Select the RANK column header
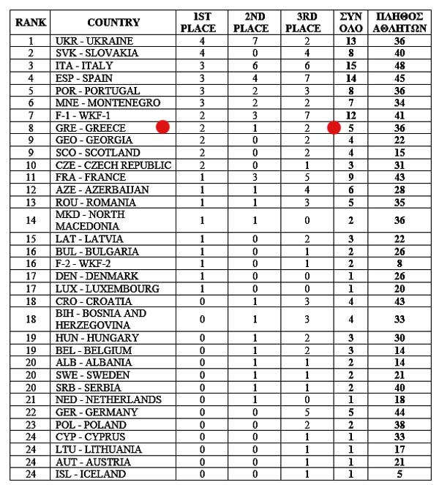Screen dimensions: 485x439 tap(31, 22)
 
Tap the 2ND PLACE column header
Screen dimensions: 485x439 tap(249, 22)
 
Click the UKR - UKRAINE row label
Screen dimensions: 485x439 tap(94, 40)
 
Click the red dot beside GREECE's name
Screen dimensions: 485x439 tap(163, 127)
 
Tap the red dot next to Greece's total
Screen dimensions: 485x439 tap(334, 128)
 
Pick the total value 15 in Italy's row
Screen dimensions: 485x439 tap(352, 65)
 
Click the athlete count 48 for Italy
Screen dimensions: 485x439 tap(399, 65)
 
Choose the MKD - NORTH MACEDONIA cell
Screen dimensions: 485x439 tap(90, 220)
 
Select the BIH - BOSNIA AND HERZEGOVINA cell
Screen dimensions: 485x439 tap(101, 319)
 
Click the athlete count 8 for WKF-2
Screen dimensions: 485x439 tap(399, 264)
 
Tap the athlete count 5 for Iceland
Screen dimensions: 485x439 tap(399, 474)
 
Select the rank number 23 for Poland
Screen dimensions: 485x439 tap(31, 424)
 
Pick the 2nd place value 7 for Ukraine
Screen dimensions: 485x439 tap(249, 40)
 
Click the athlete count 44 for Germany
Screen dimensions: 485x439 tap(399, 412)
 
